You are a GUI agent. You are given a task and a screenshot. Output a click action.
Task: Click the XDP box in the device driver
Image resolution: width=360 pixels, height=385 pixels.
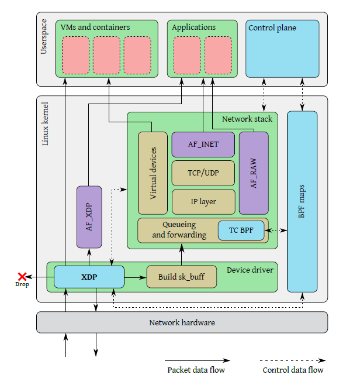(x=89, y=277)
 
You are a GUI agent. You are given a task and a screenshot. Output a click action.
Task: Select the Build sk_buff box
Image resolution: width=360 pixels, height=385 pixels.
(x=181, y=277)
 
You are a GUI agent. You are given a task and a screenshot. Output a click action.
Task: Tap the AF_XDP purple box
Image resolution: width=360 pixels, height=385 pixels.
(x=89, y=216)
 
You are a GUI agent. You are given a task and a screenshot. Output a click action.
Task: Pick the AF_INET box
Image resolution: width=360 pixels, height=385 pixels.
(x=203, y=145)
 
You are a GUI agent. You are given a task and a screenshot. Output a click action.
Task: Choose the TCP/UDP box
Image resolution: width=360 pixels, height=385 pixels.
(x=203, y=173)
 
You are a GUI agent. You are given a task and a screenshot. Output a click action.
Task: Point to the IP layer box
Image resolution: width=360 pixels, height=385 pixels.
(x=203, y=201)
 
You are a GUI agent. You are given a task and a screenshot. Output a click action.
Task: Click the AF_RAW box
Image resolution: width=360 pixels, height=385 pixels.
(x=254, y=173)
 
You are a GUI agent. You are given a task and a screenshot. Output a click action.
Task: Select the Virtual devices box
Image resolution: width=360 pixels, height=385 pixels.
(x=153, y=173)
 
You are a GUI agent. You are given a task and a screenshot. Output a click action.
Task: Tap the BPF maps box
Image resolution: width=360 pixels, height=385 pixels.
(x=302, y=201)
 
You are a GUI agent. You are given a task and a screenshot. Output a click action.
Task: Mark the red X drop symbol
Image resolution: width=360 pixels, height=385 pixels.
(x=22, y=276)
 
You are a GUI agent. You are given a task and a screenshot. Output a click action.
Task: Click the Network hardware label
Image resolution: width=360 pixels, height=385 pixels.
(x=182, y=322)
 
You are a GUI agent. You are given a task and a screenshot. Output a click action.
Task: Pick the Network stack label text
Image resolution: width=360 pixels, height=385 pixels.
(x=247, y=119)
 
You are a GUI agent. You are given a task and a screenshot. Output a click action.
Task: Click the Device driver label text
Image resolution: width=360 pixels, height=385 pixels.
(x=250, y=270)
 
